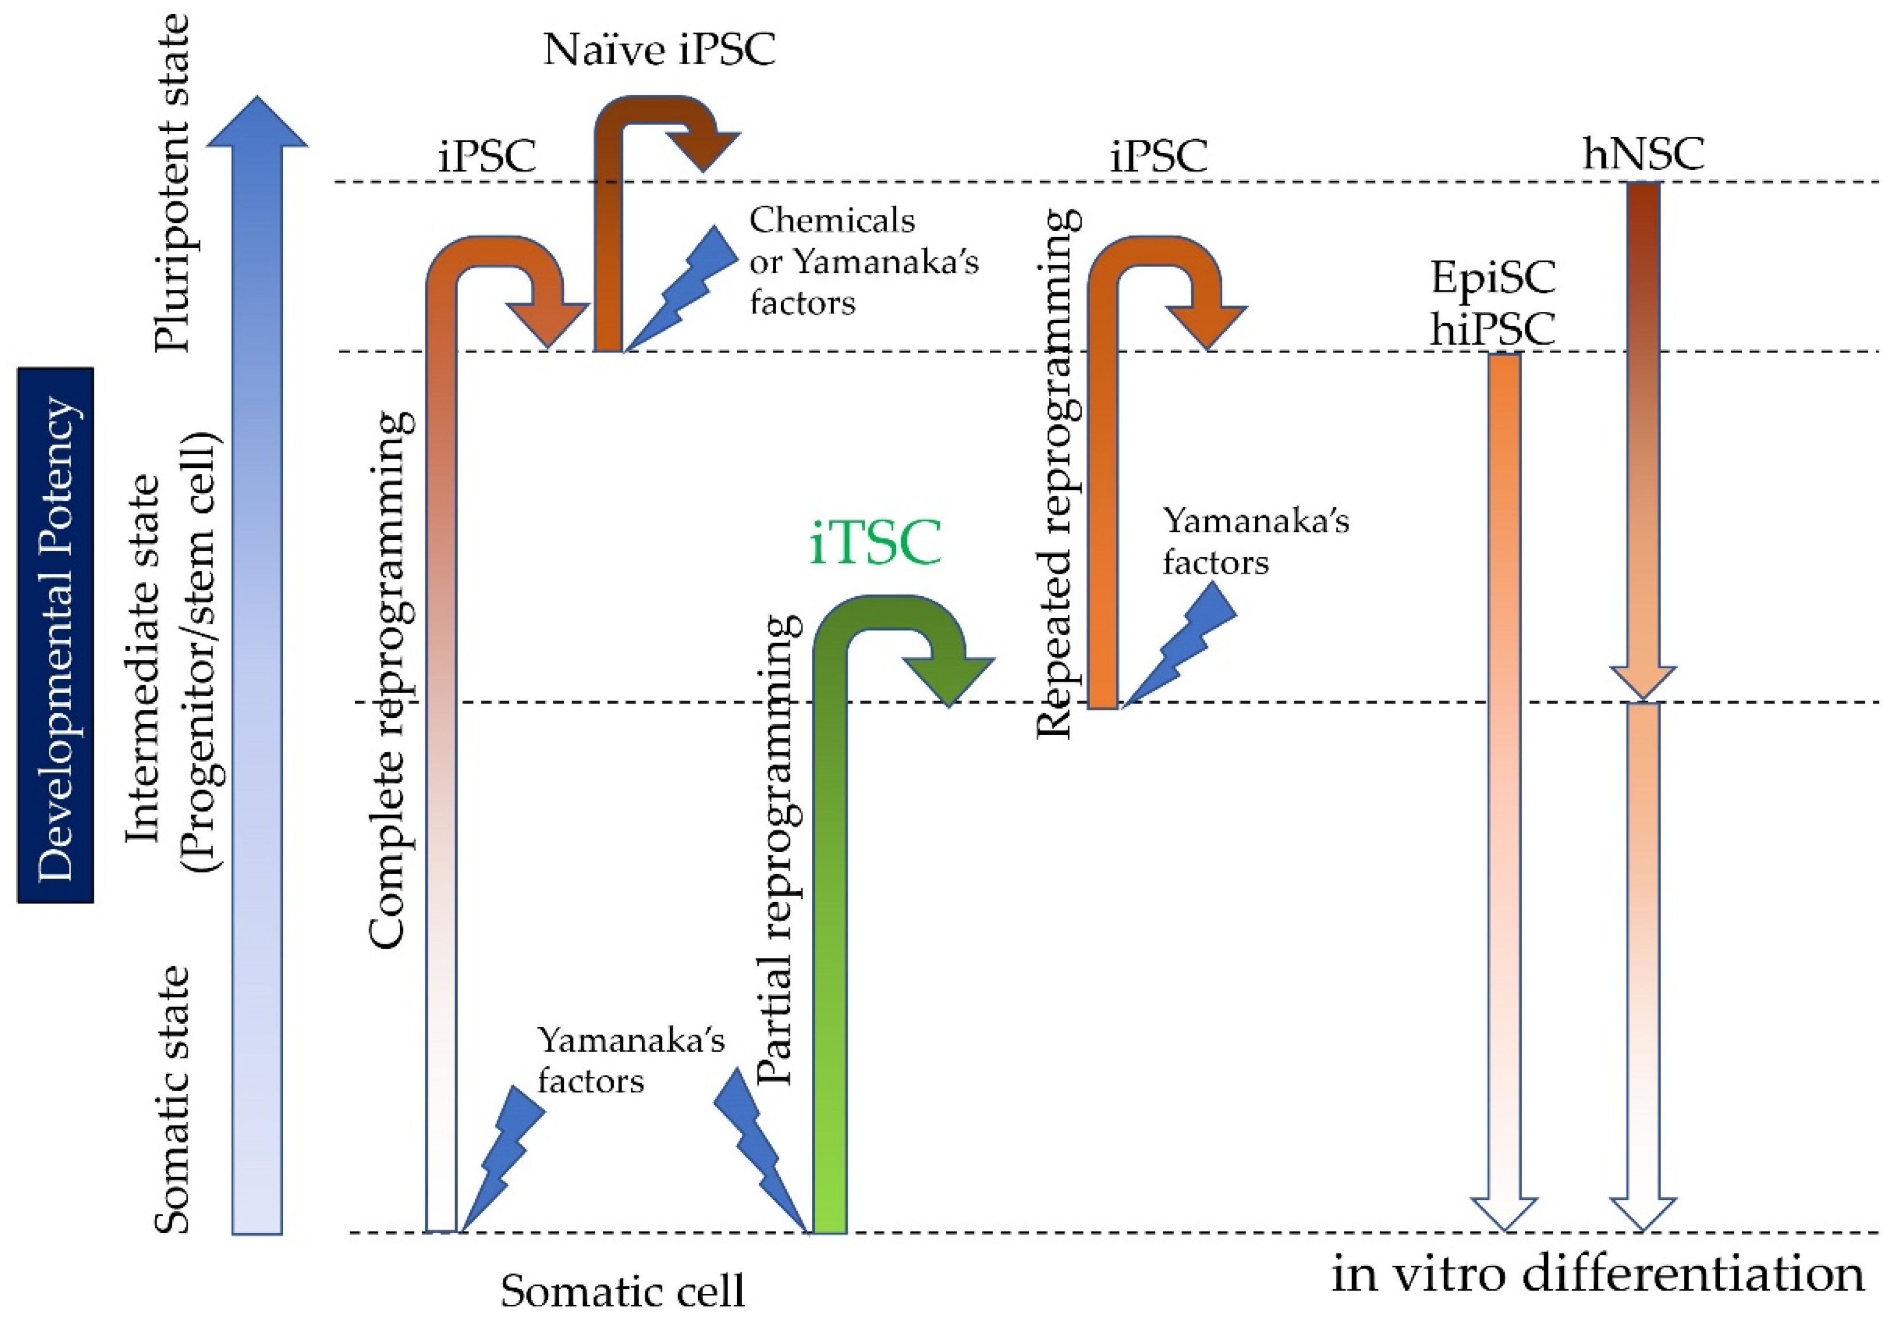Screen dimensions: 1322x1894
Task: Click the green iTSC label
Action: point(875,543)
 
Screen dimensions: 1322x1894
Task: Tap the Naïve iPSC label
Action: point(659,49)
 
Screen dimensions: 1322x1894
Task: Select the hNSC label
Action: point(1643,153)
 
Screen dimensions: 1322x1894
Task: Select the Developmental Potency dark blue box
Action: point(55,635)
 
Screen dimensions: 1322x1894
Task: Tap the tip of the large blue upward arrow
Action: point(257,103)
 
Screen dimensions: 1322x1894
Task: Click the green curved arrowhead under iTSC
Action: point(948,680)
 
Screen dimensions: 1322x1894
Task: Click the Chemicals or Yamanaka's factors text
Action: point(862,262)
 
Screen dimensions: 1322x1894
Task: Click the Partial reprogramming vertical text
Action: point(777,850)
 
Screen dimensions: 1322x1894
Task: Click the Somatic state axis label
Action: point(172,1099)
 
